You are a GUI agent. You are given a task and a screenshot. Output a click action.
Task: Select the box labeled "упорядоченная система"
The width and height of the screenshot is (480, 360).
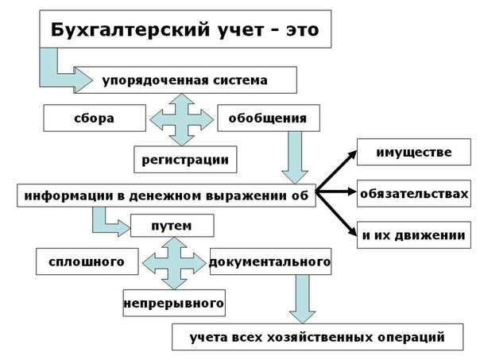[185, 80]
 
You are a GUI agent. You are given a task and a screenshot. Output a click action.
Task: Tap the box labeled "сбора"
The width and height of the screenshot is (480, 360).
[95, 118]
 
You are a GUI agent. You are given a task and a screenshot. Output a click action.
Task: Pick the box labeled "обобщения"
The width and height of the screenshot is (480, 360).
[269, 118]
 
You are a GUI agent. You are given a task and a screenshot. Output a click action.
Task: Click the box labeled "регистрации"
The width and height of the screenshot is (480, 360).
[185, 160]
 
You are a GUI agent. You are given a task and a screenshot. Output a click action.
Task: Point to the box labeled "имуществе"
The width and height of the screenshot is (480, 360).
[414, 152]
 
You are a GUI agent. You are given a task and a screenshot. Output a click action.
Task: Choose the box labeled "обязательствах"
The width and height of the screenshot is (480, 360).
[414, 193]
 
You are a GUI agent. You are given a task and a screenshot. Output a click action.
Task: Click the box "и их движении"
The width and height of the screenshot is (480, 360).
[414, 235]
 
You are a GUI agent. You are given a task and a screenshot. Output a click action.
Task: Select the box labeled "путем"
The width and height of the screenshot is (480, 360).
[172, 226]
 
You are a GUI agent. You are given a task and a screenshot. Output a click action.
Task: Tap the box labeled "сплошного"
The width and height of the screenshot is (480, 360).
[87, 261]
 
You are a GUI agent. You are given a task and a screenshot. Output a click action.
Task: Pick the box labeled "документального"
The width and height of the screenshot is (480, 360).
[271, 261]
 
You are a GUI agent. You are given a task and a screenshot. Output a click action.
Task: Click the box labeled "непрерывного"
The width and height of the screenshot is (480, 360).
[174, 303]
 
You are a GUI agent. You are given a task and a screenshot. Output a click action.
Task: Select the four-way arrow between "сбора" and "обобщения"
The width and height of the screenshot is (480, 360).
[181, 119]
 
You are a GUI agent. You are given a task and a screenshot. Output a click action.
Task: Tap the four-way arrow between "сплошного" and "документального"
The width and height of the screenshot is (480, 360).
[174, 263]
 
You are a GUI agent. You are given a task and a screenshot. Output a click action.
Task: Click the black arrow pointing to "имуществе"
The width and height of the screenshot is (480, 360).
[336, 171]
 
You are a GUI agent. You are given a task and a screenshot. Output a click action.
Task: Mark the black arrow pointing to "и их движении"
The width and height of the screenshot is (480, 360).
[336, 214]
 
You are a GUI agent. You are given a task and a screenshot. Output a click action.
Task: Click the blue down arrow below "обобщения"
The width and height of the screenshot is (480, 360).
[295, 157]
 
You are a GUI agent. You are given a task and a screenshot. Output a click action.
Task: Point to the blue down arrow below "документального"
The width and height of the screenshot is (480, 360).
[303, 299]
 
